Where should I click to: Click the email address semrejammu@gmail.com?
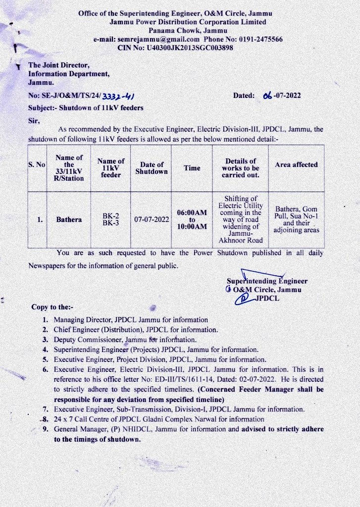click(x=158, y=39)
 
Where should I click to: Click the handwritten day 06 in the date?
click(x=267, y=96)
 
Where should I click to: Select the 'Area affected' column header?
click(x=296, y=165)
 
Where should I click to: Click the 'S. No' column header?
click(x=37, y=164)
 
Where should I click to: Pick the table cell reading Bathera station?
click(x=69, y=219)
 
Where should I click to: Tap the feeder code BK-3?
click(x=110, y=223)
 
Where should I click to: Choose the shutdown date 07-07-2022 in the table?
click(x=152, y=219)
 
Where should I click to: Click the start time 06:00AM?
click(x=192, y=212)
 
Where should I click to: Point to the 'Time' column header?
click(x=192, y=168)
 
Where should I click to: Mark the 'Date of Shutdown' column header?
click(x=152, y=168)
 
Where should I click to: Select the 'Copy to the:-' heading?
click(x=52, y=307)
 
